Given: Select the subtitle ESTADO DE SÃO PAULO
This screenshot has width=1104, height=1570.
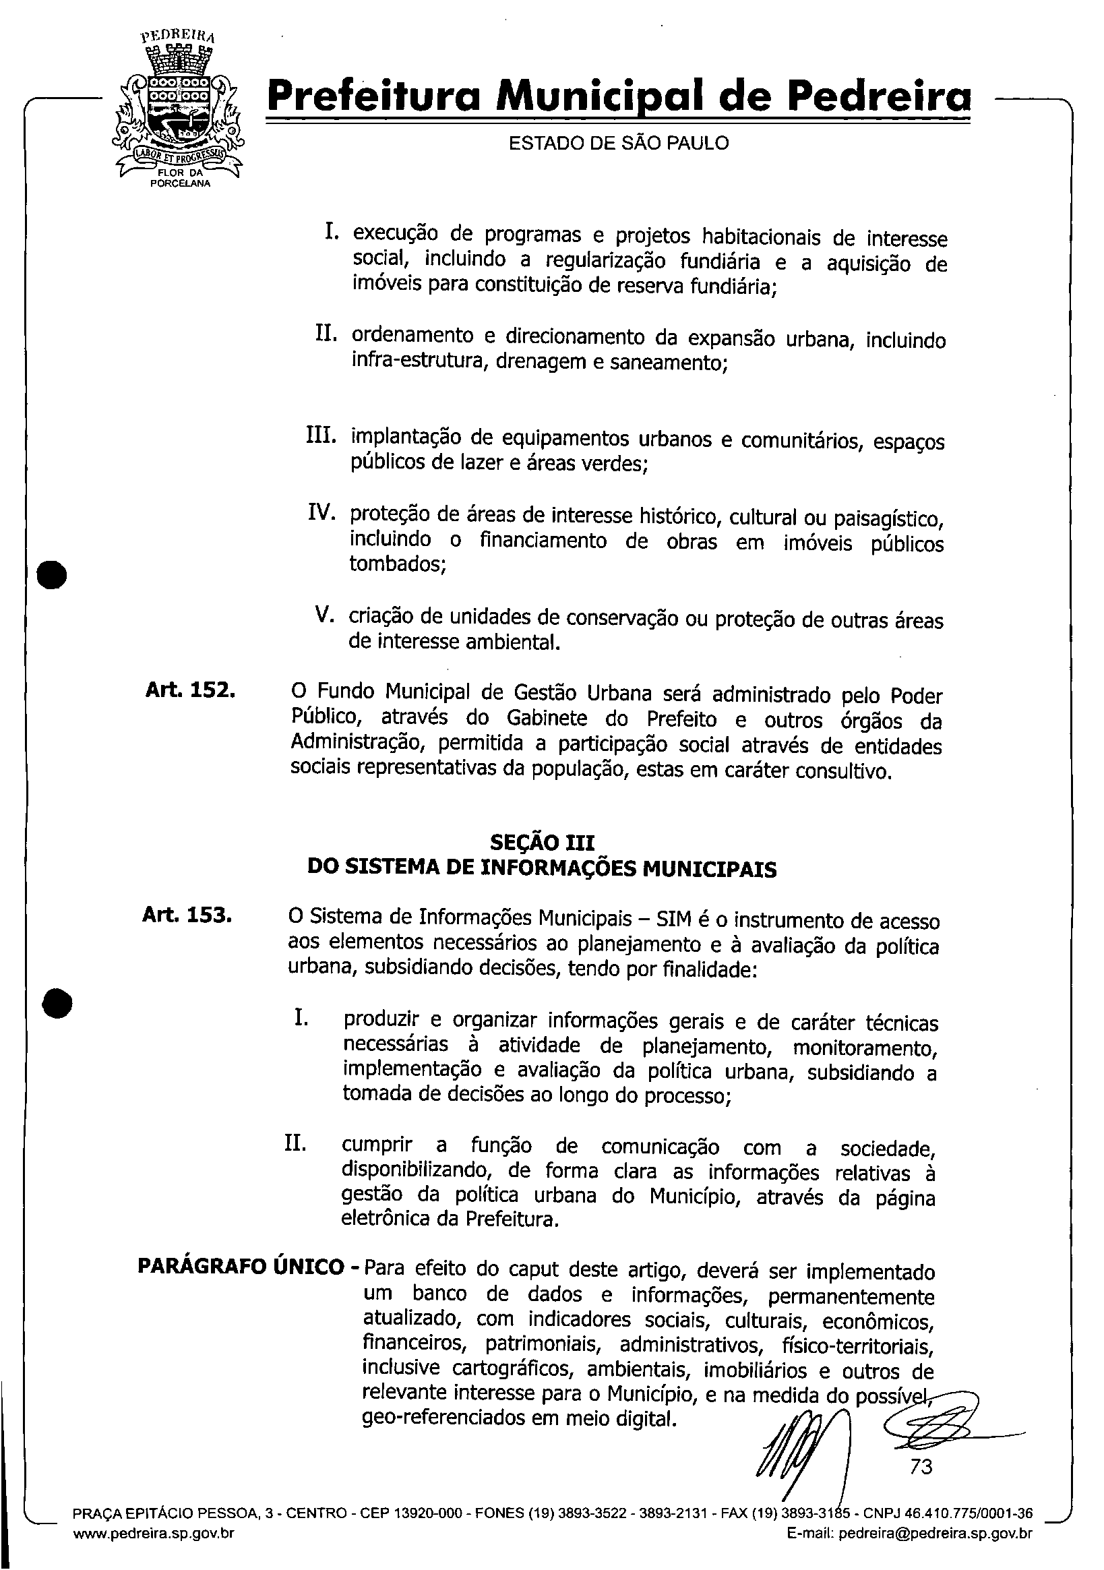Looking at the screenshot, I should click(x=619, y=143).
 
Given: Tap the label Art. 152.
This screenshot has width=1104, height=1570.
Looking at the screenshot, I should click(x=190, y=690).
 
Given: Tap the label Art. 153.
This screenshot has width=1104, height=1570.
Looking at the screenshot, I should click(x=187, y=914).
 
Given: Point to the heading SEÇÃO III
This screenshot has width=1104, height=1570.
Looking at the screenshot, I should click(x=542, y=843).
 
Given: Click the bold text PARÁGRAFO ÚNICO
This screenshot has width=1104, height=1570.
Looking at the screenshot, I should click(x=241, y=1267).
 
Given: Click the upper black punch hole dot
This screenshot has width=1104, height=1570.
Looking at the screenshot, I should click(x=52, y=574).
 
